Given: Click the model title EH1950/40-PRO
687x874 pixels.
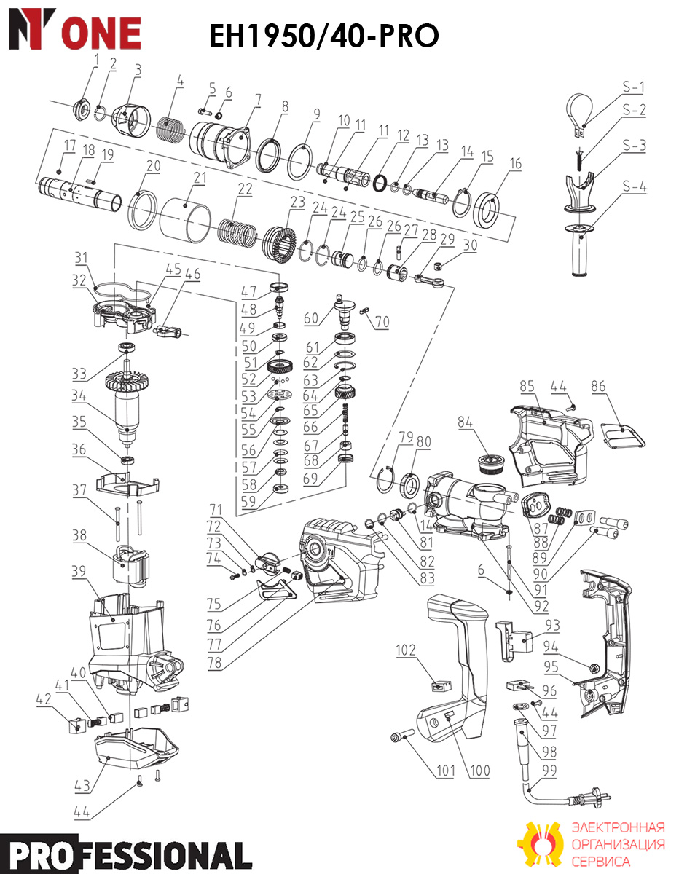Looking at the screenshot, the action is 324,36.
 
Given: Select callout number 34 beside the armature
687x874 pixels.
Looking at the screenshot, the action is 79,395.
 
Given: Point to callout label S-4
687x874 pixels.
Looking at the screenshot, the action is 635,186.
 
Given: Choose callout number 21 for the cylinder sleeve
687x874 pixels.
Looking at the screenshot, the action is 200,178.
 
